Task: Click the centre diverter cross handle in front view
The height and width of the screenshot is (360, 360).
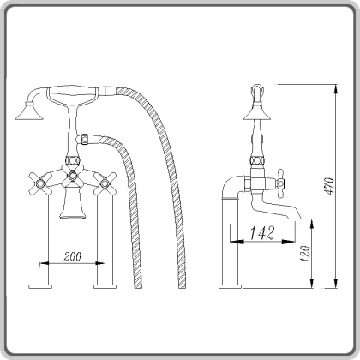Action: tap(72, 178)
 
